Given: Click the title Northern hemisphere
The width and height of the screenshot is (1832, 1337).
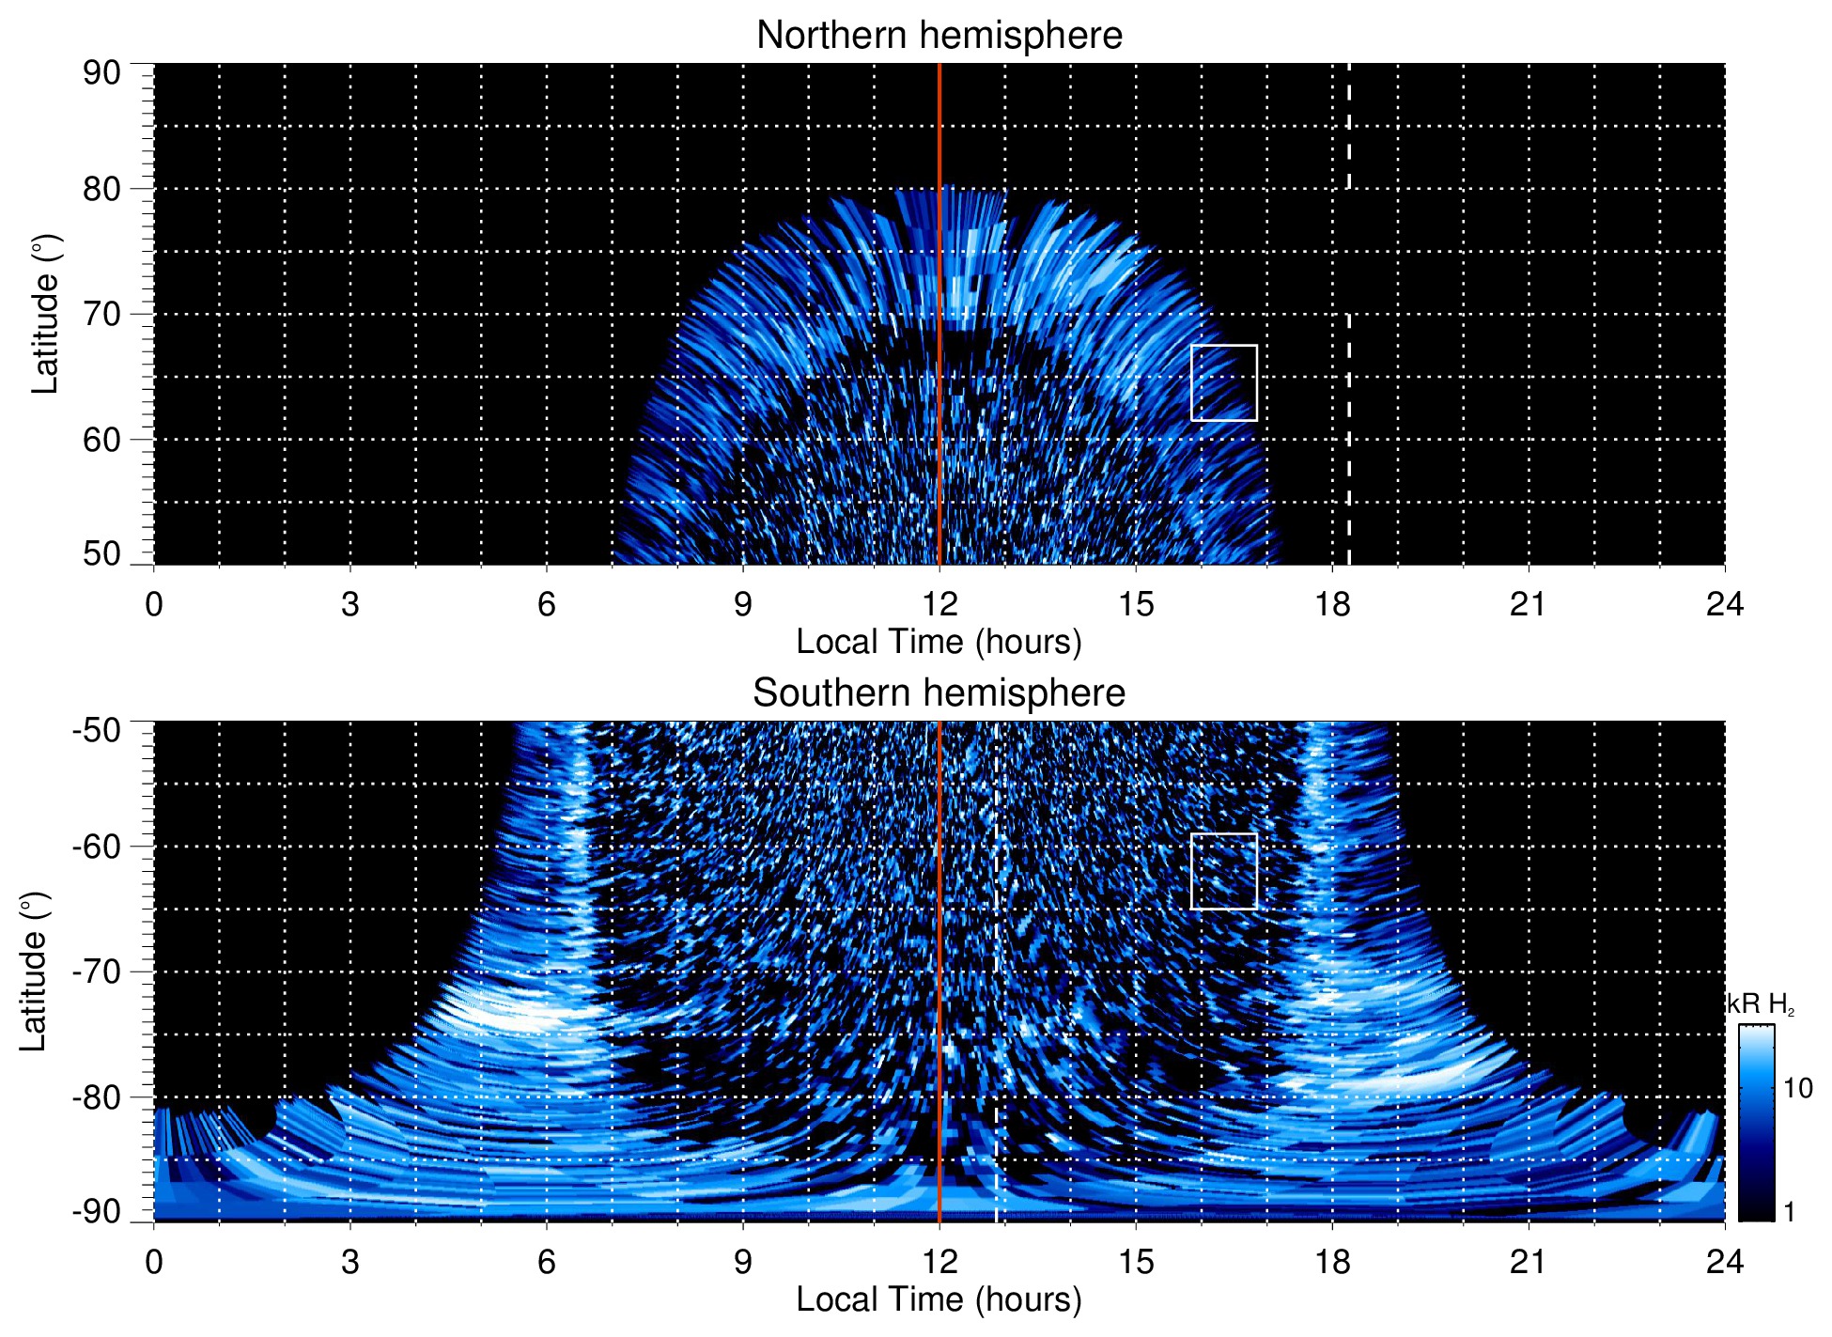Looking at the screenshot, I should click(939, 36).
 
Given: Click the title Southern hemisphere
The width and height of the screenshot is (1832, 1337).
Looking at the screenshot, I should click(939, 693).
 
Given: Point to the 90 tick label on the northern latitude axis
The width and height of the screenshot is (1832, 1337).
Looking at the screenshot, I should click(101, 73).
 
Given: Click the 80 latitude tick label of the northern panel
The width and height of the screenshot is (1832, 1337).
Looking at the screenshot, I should click(101, 189).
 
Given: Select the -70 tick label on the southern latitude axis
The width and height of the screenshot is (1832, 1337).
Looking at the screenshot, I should click(97, 972).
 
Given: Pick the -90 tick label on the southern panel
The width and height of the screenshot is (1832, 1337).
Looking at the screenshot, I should click(97, 1211).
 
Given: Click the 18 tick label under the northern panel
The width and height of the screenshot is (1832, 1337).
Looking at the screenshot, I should click(1332, 604).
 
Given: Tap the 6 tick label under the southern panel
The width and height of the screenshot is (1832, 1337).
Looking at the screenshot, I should click(547, 1262).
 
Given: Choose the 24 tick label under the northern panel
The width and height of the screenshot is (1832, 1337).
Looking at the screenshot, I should click(1724, 604).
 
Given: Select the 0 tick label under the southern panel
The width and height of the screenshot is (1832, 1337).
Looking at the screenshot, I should click(154, 1262).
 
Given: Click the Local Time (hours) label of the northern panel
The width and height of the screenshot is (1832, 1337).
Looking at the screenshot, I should click(939, 642).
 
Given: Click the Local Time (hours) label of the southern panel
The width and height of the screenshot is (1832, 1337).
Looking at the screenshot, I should click(939, 1299).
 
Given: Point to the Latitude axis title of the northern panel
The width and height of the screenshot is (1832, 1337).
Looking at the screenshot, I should click(45, 314).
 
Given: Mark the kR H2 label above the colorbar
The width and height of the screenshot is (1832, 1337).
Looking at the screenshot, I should click(1760, 1004).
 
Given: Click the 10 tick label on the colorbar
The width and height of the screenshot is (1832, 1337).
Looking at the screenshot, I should click(1797, 1089).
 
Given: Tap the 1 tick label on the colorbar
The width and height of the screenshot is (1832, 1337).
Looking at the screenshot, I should click(1789, 1212).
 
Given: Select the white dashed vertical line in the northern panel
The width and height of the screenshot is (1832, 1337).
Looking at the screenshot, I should click(1349, 423).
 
